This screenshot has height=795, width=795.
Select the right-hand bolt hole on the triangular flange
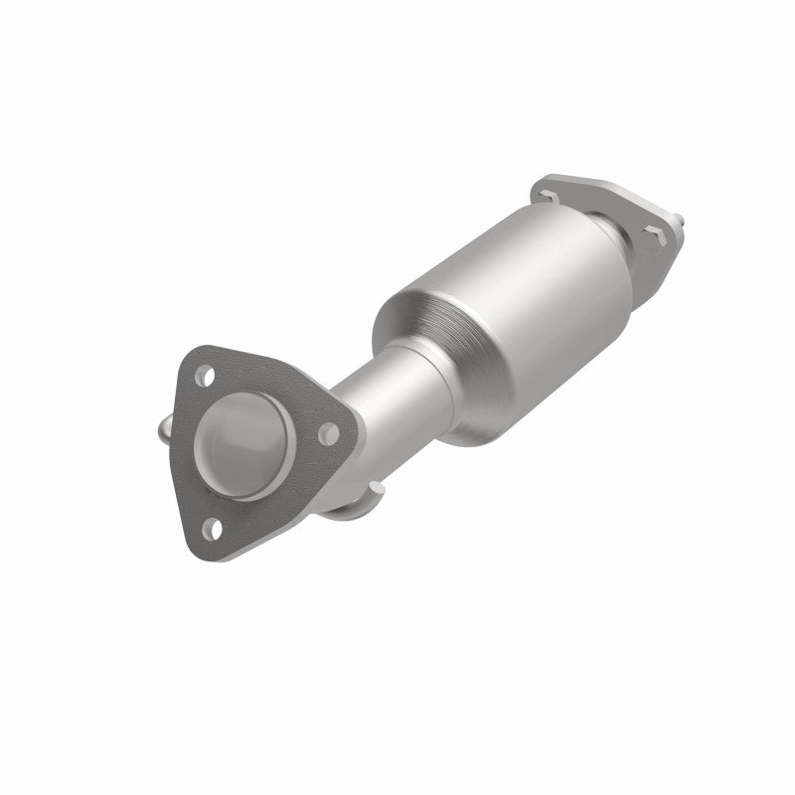click(x=325, y=432)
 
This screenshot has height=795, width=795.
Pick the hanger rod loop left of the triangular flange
click(x=165, y=433)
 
